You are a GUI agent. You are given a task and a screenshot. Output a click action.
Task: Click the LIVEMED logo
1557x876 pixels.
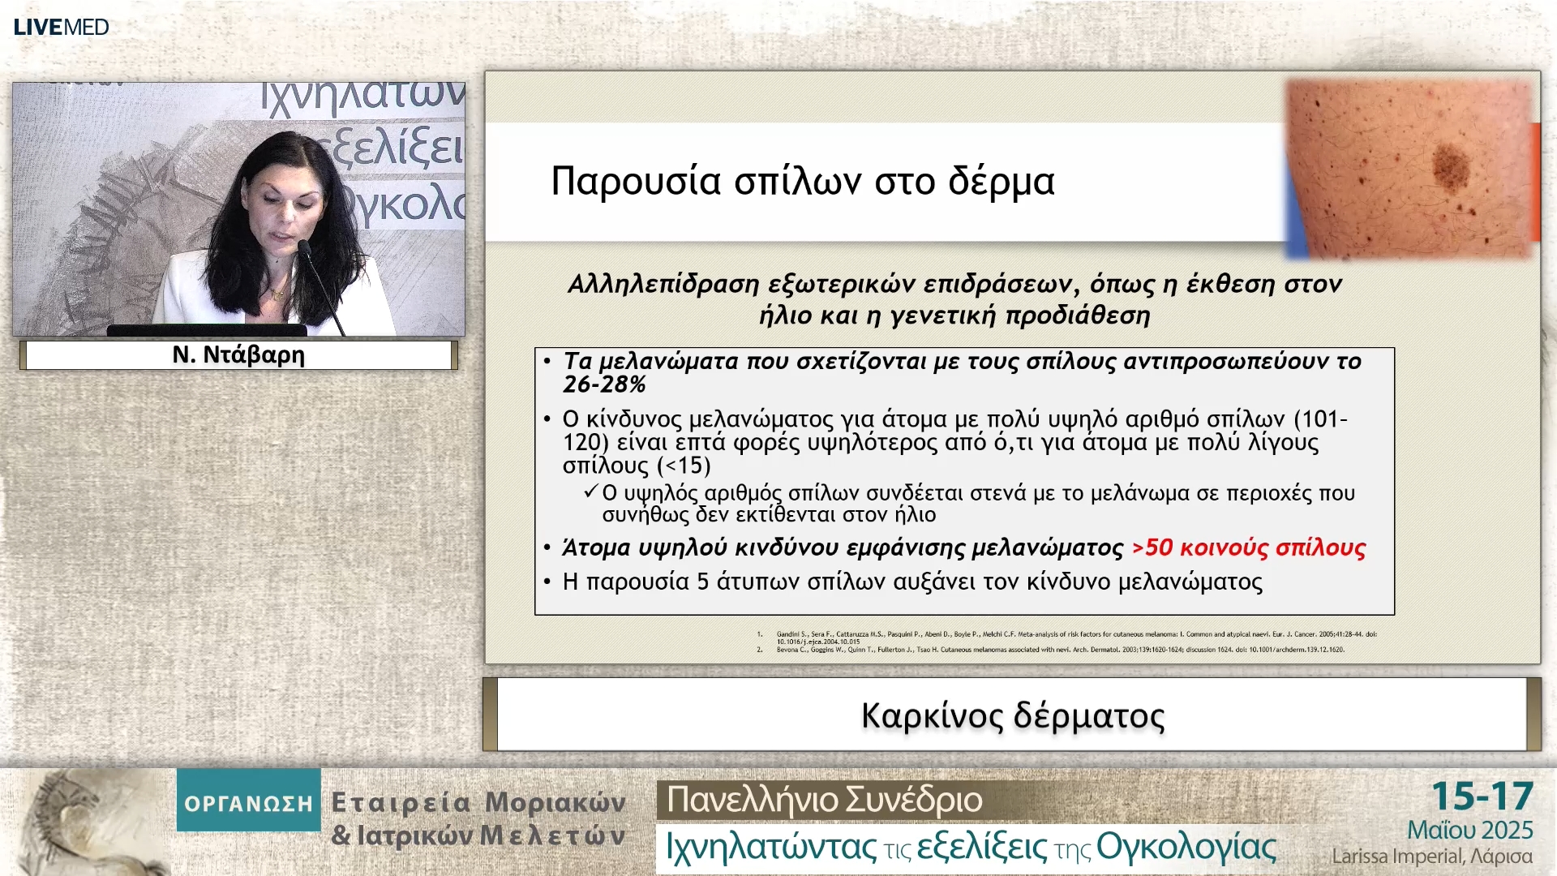[61, 27]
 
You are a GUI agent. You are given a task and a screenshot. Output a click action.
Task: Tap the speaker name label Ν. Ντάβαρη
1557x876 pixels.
[238, 355]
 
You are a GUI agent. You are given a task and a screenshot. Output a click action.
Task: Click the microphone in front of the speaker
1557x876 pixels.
[305, 247]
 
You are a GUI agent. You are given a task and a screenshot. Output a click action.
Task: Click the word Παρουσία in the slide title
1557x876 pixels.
[635, 181]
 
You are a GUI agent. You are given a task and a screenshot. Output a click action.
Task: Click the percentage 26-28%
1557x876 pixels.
[604, 384]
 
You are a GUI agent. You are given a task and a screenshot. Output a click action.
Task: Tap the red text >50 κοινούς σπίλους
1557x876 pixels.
[1249, 547]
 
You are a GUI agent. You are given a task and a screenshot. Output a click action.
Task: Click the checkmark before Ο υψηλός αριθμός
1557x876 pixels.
[590, 492]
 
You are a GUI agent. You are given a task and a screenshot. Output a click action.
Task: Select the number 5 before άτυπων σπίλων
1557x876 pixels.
[703, 582]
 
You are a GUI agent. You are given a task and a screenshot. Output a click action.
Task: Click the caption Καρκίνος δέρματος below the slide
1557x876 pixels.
[1012, 715]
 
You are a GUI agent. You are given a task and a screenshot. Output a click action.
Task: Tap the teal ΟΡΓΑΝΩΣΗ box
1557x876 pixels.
[248, 803]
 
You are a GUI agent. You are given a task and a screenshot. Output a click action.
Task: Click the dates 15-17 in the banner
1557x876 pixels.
[1482, 797]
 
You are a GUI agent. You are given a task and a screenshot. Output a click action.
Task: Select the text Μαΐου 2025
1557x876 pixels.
[1469, 831]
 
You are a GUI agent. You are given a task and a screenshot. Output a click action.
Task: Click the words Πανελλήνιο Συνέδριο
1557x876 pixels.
[824, 800]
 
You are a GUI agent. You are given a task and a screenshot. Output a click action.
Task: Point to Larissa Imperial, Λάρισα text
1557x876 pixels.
[1431, 857]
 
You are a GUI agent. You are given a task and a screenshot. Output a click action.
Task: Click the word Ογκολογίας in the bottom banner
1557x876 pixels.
[1186, 847]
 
